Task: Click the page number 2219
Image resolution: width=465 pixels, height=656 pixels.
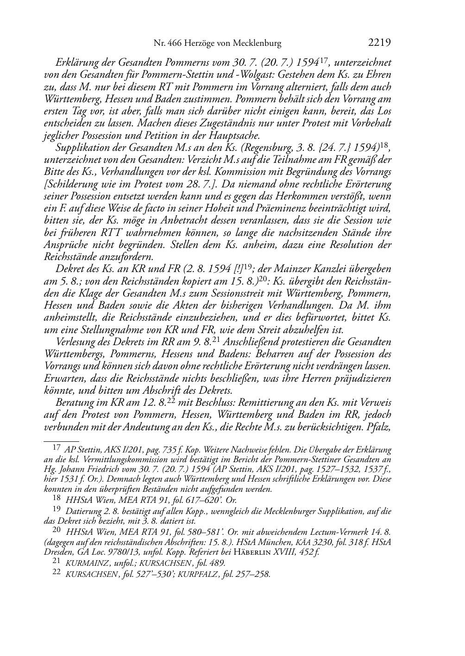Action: tap(380, 43)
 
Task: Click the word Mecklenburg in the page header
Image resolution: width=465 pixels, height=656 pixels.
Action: tap(257, 44)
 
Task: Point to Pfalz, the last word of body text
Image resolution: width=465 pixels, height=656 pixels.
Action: tap(378, 427)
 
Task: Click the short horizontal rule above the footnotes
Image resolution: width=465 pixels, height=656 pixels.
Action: tap(61, 436)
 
